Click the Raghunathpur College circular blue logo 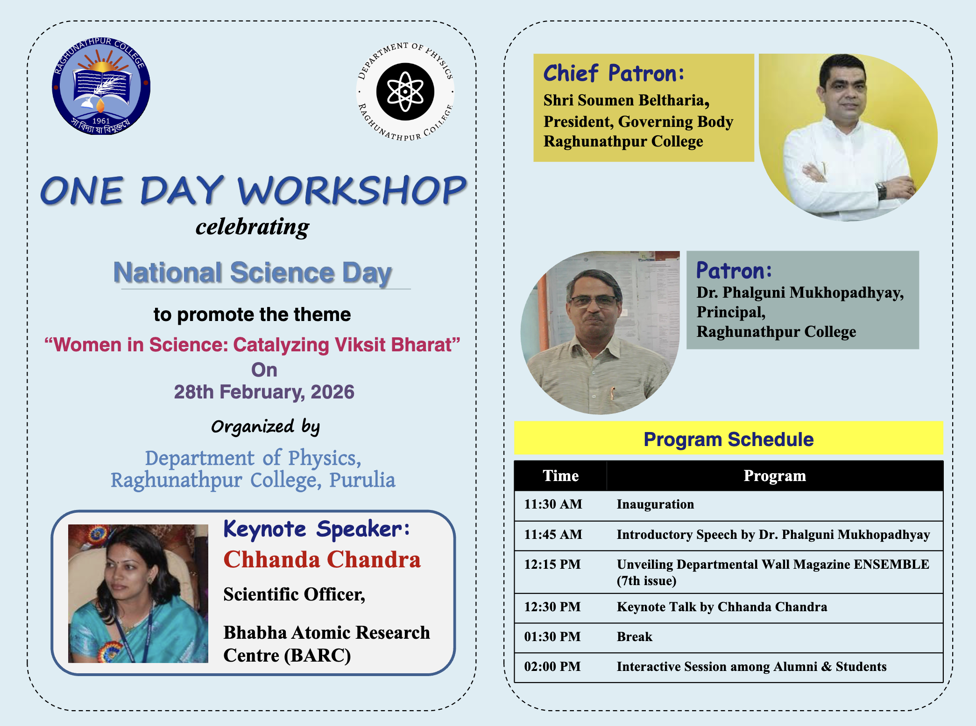[x=101, y=86]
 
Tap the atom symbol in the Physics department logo [x=405, y=92]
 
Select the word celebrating [x=252, y=227]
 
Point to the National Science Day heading [x=253, y=272]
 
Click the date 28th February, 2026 [x=264, y=392]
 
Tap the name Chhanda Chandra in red [x=322, y=559]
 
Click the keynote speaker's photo [x=138, y=593]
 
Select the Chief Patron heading [x=614, y=73]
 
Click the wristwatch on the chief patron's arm [x=881, y=190]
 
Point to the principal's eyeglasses [x=593, y=301]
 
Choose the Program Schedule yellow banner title [x=728, y=439]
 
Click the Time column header [x=560, y=475]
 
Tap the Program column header [x=775, y=475]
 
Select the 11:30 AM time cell [x=553, y=504]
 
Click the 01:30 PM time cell [x=552, y=637]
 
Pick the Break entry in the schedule [x=634, y=637]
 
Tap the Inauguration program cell [x=655, y=504]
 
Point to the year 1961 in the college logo [x=101, y=121]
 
